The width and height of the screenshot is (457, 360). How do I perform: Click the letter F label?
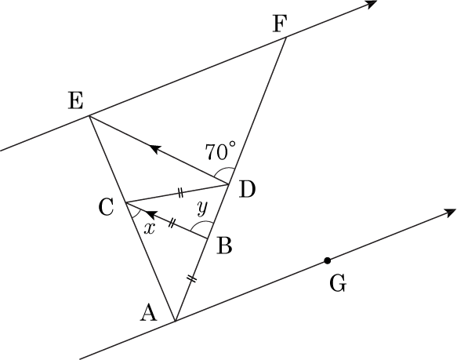281,24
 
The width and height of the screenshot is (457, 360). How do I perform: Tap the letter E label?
76,101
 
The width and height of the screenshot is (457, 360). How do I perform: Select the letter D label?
247,189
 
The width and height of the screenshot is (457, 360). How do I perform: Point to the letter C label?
106,207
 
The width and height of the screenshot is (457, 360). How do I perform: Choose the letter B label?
224,245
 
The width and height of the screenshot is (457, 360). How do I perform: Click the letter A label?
149,312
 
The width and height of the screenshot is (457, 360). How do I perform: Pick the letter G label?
338,283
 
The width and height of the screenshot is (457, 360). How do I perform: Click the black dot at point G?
328,260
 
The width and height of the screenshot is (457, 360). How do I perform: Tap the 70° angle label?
220,151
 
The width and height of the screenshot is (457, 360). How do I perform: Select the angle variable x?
150,229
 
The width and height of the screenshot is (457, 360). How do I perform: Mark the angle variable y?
202,208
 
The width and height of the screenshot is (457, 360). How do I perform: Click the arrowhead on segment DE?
156,148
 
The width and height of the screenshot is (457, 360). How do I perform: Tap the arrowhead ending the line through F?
371,4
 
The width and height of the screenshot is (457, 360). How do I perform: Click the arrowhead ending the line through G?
449,213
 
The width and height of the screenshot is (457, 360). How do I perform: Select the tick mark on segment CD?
180,193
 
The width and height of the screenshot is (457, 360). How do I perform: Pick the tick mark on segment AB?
192,279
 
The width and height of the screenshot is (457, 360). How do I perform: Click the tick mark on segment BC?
172,224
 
